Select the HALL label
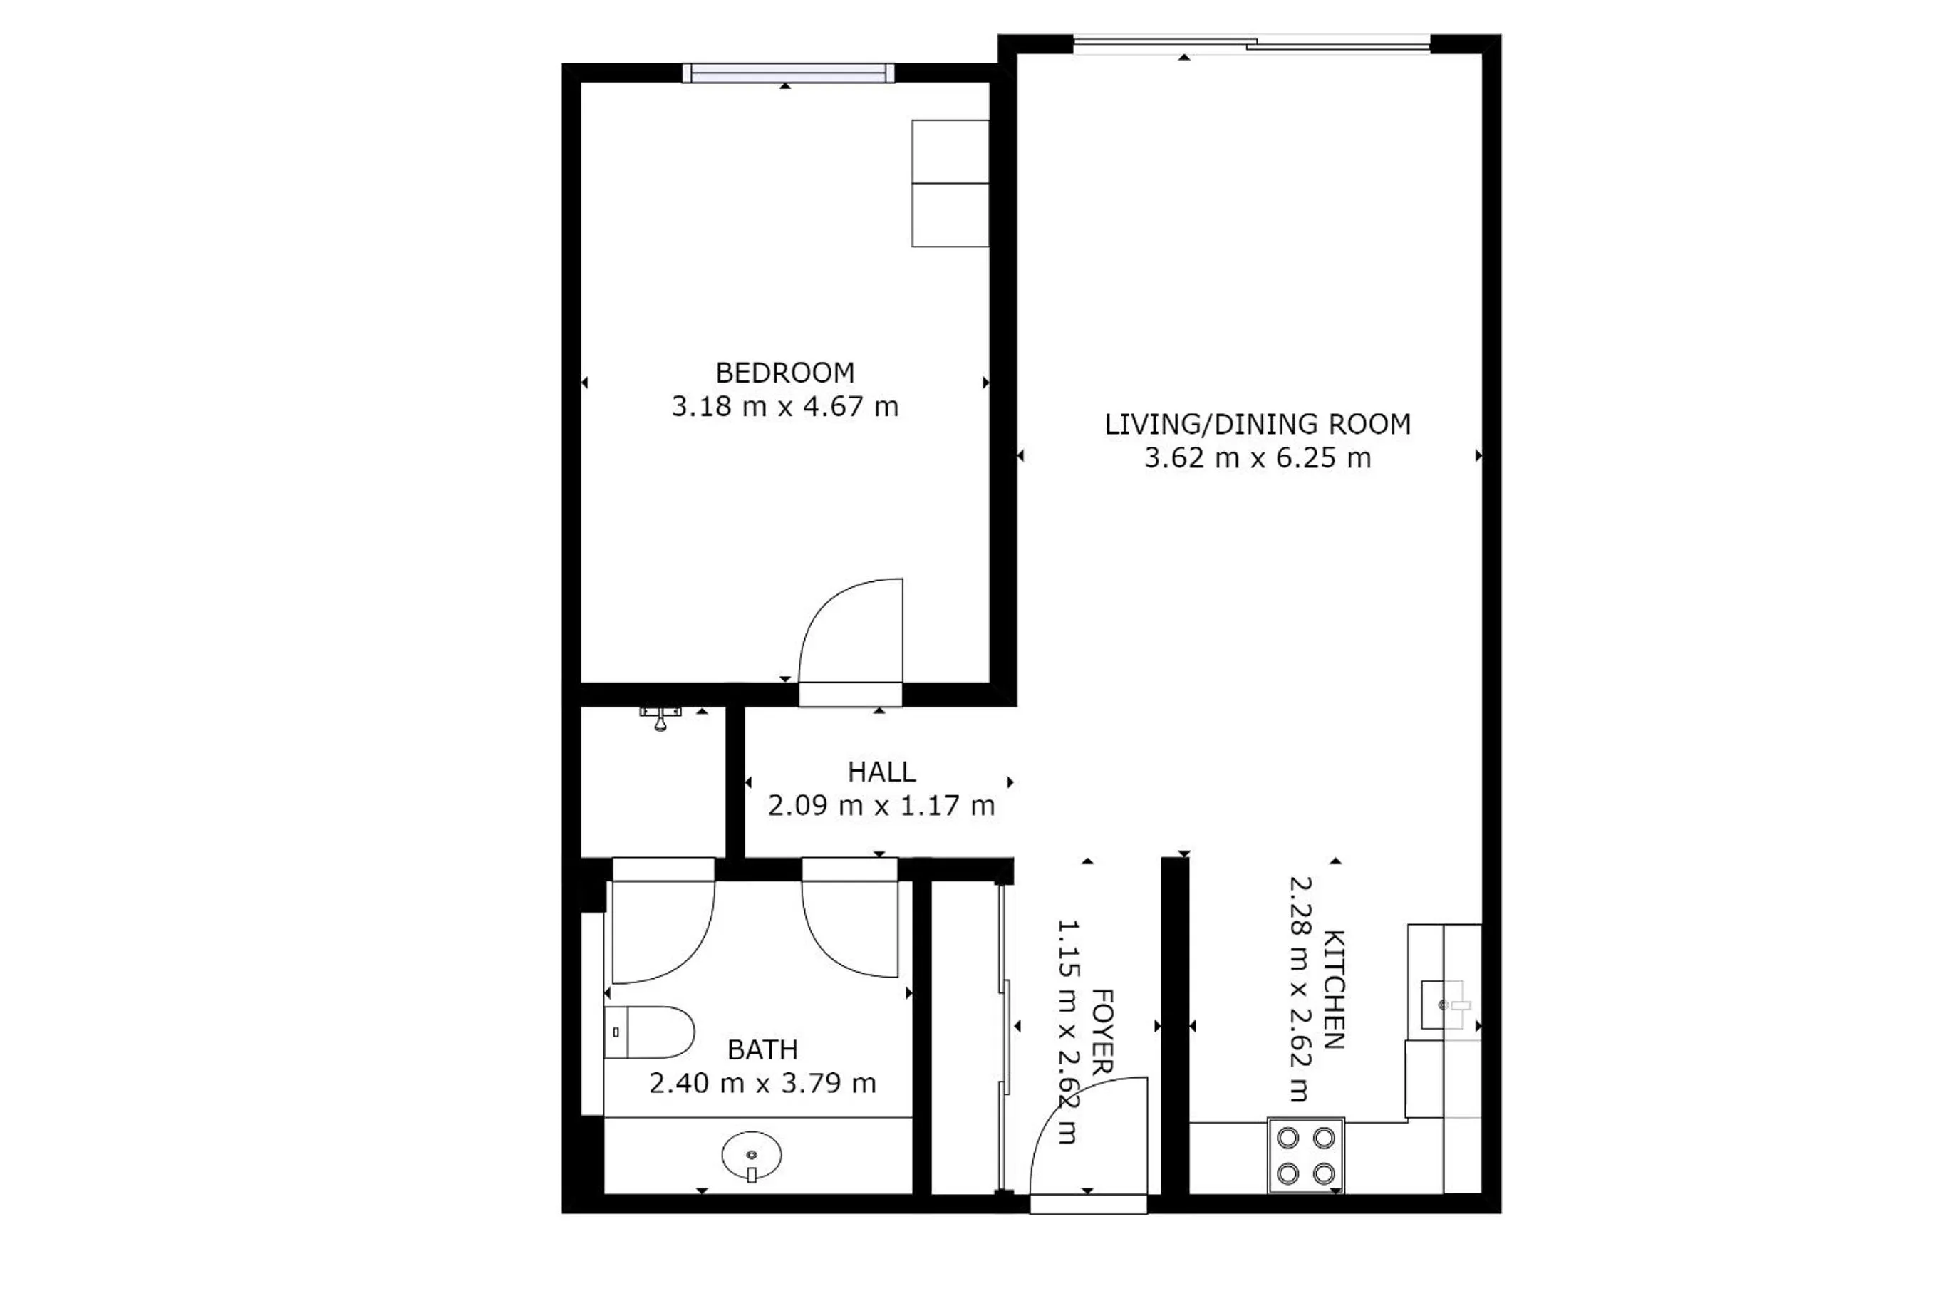[881, 772]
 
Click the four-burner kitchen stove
[1306, 1155]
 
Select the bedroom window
[788, 74]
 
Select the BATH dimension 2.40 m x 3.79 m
[762, 1084]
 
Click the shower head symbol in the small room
[660, 718]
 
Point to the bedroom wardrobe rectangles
[949, 184]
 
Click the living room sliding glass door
[1251, 44]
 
